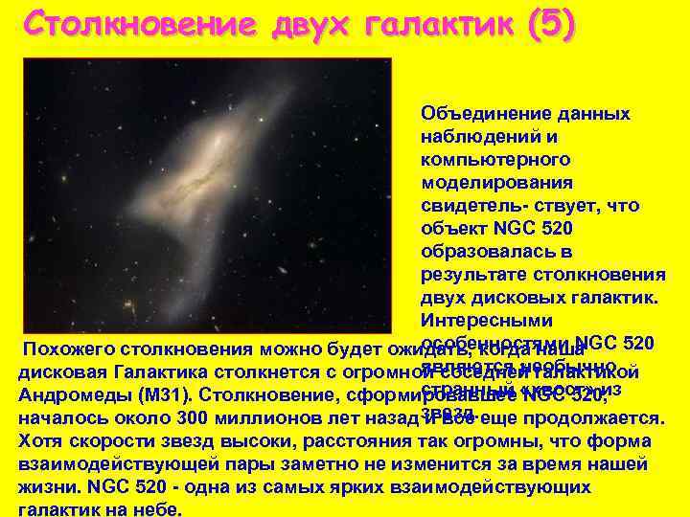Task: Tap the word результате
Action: (x=469, y=275)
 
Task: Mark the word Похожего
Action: (x=67, y=349)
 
